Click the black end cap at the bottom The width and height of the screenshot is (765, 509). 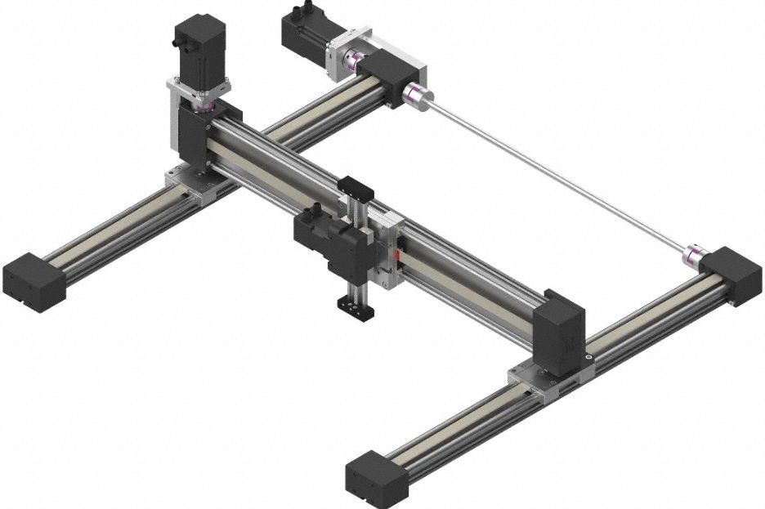377,477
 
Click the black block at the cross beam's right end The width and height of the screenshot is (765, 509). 560,331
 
